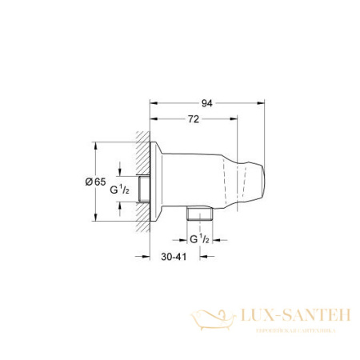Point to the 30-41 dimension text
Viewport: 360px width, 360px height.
pos(174,258)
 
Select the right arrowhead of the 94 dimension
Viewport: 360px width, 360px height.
pos(263,103)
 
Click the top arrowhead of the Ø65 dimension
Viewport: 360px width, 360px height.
pos(97,146)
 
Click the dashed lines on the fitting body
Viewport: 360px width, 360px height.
pos(238,181)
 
